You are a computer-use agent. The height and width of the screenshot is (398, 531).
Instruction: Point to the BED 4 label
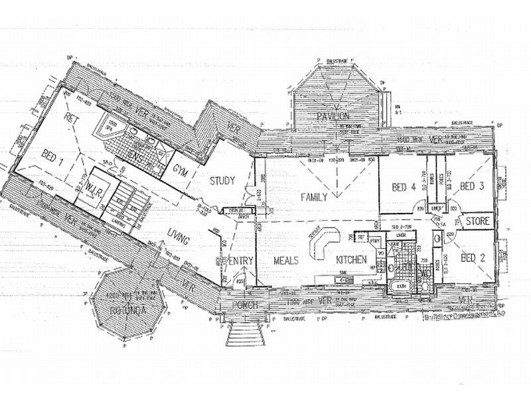404,188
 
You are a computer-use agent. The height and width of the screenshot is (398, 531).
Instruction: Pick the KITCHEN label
351,259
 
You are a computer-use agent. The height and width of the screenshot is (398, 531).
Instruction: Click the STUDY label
223,180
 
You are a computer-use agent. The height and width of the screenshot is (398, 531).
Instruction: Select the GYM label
180,170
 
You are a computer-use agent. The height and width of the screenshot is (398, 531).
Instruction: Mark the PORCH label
244,305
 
